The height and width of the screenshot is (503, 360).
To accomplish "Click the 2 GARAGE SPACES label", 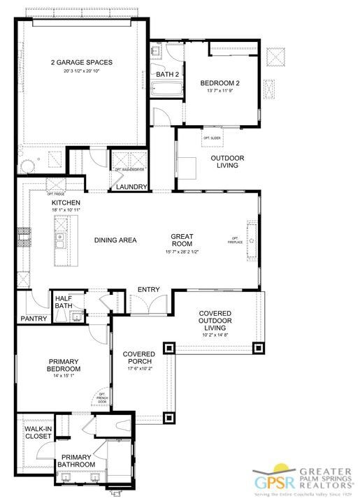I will (82, 61).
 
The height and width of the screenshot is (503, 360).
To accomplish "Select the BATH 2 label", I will (167, 75).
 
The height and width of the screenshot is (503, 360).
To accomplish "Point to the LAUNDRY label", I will (131, 187).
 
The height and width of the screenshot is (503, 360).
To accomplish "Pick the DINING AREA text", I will (115, 240).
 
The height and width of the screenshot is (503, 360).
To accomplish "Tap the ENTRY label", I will (148, 289).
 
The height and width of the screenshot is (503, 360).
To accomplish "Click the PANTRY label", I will (34, 319).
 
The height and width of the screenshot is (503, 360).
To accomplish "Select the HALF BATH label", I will (64, 301).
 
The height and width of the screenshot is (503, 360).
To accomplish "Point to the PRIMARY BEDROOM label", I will (64, 365).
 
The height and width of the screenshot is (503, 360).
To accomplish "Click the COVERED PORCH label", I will (138, 358).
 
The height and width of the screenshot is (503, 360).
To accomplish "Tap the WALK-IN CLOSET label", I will (38, 432).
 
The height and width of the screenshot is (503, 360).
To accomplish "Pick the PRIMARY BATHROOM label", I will (76, 460).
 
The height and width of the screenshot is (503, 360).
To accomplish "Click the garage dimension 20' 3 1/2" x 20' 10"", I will (82, 71).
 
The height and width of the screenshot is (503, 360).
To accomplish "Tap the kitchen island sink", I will (61, 242).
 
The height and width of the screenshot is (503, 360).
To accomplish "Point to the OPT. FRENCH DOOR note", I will (102, 399).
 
